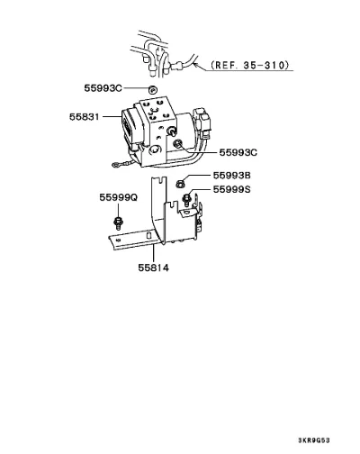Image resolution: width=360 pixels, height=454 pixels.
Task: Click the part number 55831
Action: click(85, 116)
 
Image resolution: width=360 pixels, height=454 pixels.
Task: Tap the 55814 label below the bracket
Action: click(153, 268)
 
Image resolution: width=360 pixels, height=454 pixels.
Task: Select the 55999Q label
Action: click(119, 197)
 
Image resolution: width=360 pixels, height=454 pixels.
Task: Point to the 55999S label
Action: click(231, 189)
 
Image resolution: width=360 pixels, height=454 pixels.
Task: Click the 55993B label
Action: click(231, 175)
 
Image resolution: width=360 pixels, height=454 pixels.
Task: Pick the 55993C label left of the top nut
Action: click(103, 88)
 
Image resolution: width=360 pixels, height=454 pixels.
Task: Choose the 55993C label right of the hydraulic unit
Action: click(238, 152)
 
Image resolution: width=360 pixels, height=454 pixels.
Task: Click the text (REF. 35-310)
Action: click(250, 65)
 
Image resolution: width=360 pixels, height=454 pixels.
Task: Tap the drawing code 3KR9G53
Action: click(314, 440)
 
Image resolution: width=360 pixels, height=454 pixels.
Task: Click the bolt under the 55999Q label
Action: click(118, 222)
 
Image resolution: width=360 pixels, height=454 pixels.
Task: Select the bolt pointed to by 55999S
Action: click(186, 199)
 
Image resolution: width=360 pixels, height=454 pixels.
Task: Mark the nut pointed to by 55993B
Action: click(180, 184)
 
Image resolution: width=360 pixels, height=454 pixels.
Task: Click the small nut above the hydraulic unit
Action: click(153, 90)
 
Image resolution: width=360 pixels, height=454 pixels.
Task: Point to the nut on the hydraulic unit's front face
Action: click(177, 144)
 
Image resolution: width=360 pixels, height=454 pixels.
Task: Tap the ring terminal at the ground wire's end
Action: click(115, 165)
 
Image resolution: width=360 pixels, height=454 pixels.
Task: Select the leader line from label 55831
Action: click(112, 116)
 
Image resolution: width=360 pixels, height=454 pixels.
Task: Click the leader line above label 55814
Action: click(153, 253)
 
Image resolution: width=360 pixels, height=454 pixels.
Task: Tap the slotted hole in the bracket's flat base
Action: click(148, 235)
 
